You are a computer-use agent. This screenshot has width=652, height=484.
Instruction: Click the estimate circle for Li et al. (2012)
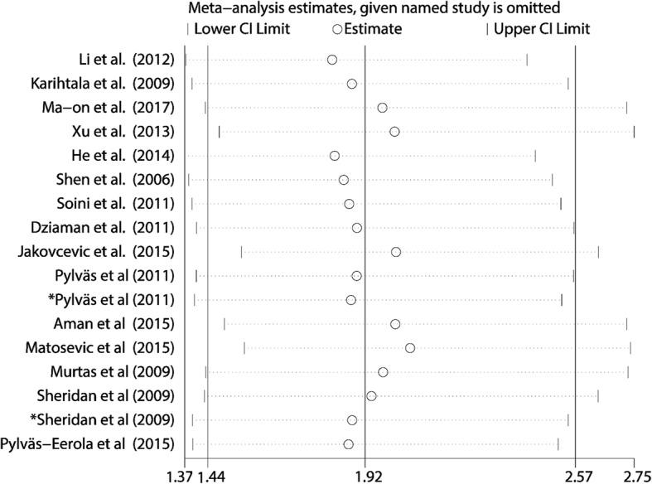(x=332, y=60)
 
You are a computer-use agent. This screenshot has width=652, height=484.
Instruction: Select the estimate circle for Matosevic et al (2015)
(x=410, y=348)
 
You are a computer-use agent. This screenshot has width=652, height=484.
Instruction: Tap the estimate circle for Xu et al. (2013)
(x=394, y=132)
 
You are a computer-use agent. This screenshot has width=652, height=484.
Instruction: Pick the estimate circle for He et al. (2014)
(x=335, y=156)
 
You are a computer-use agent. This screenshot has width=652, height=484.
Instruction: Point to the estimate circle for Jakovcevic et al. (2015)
(x=396, y=252)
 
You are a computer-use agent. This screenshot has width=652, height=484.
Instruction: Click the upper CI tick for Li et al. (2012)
(x=527, y=60)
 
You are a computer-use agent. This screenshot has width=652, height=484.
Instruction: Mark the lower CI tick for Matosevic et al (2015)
(x=244, y=348)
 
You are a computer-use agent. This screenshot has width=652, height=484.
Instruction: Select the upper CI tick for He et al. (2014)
(x=535, y=156)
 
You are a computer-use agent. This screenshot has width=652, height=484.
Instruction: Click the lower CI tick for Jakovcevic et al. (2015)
(x=241, y=252)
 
